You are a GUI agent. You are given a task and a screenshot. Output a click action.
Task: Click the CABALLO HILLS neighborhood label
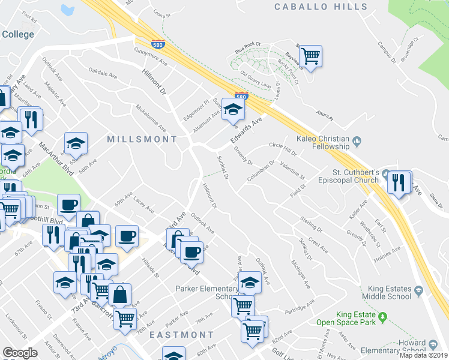pos(321,7)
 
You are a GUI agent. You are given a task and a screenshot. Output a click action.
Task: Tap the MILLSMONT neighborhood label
pos(142,139)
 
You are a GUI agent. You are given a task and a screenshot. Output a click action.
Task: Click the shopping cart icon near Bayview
pos(310,56)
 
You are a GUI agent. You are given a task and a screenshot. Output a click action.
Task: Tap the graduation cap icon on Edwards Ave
pos(233,110)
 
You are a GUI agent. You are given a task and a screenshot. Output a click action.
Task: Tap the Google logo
pos(20,352)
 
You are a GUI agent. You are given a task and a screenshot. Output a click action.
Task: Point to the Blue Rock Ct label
pos(249,48)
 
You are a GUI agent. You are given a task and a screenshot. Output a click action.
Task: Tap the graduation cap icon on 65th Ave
pos(76,143)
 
